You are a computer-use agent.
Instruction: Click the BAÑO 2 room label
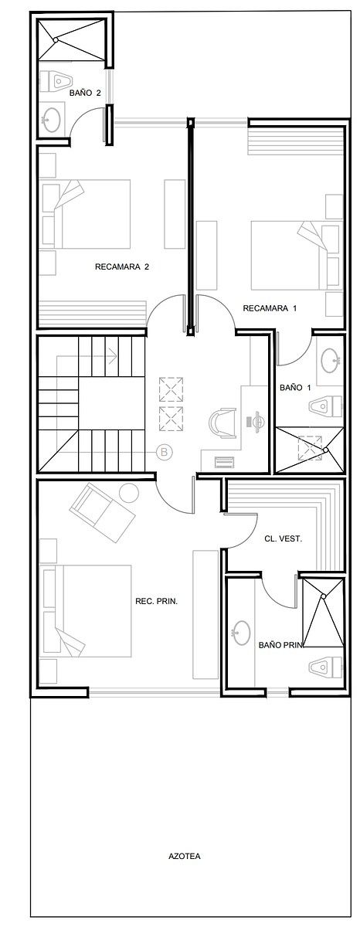(x=85, y=93)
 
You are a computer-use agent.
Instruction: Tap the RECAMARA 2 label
(x=121, y=267)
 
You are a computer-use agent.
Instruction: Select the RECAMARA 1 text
(x=270, y=308)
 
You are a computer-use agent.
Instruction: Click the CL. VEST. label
(x=282, y=538)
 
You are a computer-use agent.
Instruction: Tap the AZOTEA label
(x=185, y=856)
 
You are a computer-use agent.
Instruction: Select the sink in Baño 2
(x=52, y=119)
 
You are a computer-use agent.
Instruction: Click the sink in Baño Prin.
(x=241, y=632)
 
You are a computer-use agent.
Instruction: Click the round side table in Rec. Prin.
(x=128, y=491)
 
